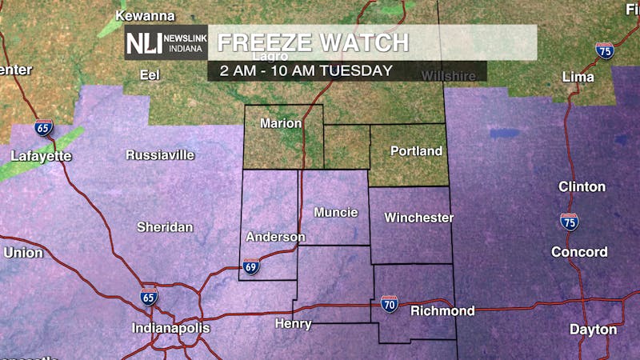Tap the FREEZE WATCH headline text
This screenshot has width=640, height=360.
pyautogui.click(x=313, y=42)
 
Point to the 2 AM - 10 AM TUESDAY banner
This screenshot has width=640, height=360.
pyautogui.click(x=300, y=70)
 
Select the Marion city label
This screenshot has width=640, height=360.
pyautogui.click(x=282, y=123)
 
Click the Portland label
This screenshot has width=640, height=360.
pyautogui.click(x=416, y=150)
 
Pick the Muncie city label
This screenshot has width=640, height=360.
pyautogui.click(x=335, y=212)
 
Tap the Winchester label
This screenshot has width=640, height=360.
pyautogui.click(x=418, y=217)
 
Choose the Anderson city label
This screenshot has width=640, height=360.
pyautogui.click(x=275, y=237)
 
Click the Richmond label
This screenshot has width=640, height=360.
pyautogui.click(x=442, y=310)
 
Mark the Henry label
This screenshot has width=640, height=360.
pyautogui.click(x=293, y=323)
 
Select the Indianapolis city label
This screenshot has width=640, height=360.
pyautogui.click(x=170, y=328)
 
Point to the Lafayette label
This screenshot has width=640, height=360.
pyautogui.click(x=41, y=156)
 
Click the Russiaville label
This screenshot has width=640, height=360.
pyautogui.click(x=160, y=155)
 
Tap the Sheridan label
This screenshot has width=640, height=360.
pyautogui.click(x=165, y=227)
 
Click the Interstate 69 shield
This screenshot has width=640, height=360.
pyautogui.click(x=251, y=267)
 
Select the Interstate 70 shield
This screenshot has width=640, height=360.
pyautogui.click(x=390, y=304)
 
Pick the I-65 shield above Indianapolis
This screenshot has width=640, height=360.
pyautogui.click(x=149, y=296)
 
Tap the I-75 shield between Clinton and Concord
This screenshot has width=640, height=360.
pyautogui.click(x=569, y=221)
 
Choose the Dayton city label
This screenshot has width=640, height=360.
pyautogui.click(x=593, y=329)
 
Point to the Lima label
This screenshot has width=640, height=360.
pyautogui.click(x=578, y=77)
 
